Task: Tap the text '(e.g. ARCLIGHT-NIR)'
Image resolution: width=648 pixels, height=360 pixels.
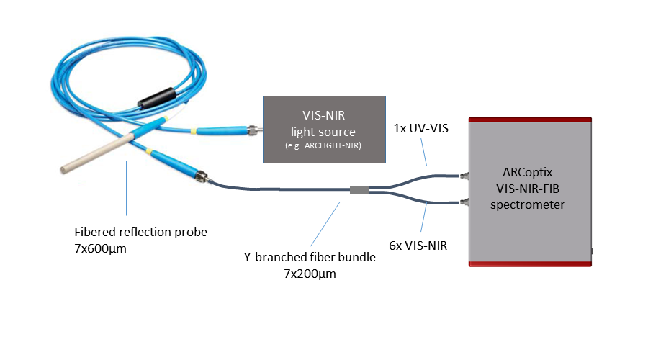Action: (x=323, y=146)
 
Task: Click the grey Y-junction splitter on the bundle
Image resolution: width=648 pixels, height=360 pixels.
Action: (x=359, y=191)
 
